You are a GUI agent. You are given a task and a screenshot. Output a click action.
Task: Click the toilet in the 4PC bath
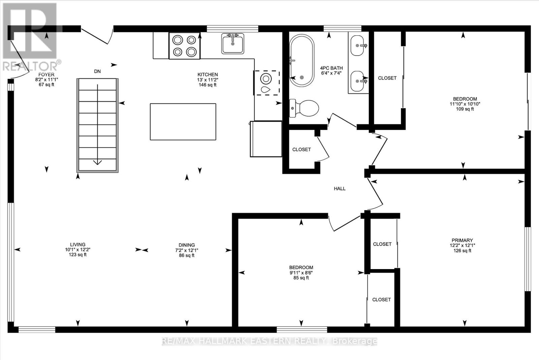point(304,108)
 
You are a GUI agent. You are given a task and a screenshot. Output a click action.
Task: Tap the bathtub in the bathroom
point(302,60)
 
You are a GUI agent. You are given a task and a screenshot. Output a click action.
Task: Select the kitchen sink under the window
point(233,43)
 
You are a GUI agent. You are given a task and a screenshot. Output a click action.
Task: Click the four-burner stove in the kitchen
point(185,46)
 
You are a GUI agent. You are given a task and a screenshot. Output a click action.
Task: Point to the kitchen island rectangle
point(183,122)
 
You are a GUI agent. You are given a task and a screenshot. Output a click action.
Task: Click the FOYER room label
point(46,74)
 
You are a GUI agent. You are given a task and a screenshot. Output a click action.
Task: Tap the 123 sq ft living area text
point(77,255)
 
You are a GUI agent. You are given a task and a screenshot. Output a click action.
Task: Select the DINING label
point(187,245)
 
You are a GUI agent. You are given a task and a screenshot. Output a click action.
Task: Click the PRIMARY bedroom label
point(462,240)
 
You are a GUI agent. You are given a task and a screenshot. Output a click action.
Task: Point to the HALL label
point(340,189)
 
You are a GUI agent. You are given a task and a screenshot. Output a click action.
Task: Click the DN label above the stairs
point(97,71)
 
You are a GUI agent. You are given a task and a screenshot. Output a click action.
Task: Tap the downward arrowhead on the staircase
point(97,163)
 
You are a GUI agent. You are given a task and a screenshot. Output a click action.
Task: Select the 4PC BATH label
point(331,68)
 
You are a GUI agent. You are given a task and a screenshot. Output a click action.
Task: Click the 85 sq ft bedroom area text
point(301,278)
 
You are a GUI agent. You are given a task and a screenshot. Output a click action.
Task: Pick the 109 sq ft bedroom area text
point(465,109)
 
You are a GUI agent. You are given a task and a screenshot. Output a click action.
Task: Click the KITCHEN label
point(208,74)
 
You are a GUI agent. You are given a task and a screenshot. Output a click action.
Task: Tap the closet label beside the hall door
point(302,150)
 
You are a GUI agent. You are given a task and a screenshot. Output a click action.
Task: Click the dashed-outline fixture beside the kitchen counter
point(266,83)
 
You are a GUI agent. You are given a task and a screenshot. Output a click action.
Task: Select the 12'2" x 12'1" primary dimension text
point(462,246)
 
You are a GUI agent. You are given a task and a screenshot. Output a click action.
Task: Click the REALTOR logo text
point(30,66)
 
